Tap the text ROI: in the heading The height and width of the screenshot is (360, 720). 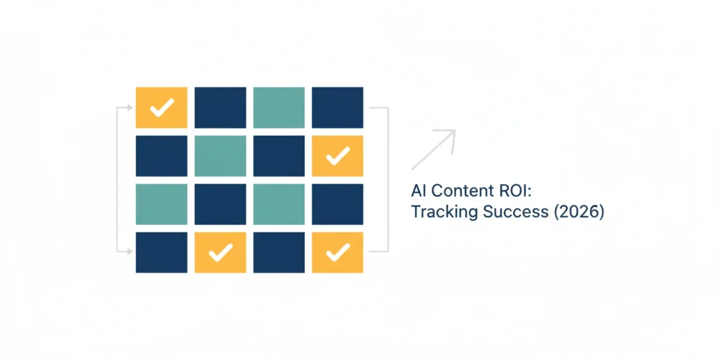coord(515,191)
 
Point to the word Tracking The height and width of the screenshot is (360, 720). coord(445,212)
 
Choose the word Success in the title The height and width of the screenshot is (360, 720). coord(515,212)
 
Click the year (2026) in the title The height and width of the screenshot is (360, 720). coord(579,212)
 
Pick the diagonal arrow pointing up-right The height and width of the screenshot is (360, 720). coord(434,149)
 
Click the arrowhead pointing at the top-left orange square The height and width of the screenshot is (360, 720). coord(130,107)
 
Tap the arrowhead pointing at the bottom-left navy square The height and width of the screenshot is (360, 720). coord(130,251)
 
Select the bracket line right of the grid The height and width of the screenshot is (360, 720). coord(388,179)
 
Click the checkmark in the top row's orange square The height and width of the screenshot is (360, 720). coord(162,107)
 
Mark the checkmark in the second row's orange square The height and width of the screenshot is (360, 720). coord(338,156)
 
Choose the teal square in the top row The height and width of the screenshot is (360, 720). coord(279,107)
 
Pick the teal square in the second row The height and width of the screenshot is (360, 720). coord(221,156)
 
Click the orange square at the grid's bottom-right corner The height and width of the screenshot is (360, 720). coord(337,253)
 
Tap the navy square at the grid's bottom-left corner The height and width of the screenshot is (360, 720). coord(161,253)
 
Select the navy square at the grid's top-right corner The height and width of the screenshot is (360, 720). coord(337,107)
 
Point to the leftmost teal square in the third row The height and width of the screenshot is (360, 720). coord(161,204)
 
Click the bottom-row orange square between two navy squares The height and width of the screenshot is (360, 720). coord(221,253)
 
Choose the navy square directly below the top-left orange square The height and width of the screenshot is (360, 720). coord(161,156)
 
